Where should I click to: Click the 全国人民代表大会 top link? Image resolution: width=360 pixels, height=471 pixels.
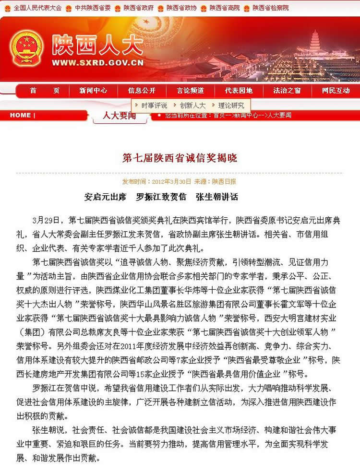pyautogui.click(x=37, y=8)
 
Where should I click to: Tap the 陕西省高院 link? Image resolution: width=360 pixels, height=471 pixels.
pyautogui.click(x=225, y=8)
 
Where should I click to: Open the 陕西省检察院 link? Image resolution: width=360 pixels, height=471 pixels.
pyautogui.click(x=271, y=8)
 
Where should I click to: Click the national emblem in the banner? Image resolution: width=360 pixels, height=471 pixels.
pyautogui.click(x=26, y=48)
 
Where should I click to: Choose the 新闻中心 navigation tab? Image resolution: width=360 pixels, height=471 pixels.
pyautogui.click(x=93, y=91)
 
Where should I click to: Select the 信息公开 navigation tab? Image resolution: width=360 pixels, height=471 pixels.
pyautogui.click(x=142, y=91)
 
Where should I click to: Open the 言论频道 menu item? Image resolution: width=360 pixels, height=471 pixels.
pyautogui.click(x=190, y=91)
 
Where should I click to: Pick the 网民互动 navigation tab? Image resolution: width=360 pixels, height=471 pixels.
pyautogui.click(x=336, y=91)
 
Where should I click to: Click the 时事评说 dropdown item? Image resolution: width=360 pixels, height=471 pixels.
pyautogui.click(x=154, y=106)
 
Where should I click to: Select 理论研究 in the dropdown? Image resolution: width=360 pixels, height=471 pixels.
pyautogui.click(x=231, y=106)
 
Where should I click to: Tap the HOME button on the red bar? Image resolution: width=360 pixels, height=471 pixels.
pyautogui.click(x=20, y=115)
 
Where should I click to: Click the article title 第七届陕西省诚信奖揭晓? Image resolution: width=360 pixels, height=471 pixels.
pyautogui.click(x=180, y=158)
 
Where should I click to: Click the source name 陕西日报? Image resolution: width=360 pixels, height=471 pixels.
pyautogui.click(x=224, y=182)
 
